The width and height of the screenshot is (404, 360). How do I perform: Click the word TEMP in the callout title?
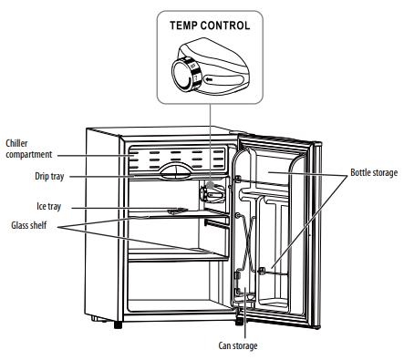coord(186,26)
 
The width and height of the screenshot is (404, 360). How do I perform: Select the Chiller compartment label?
coord(28,149)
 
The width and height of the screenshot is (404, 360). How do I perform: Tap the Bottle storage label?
coord(375,172)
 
